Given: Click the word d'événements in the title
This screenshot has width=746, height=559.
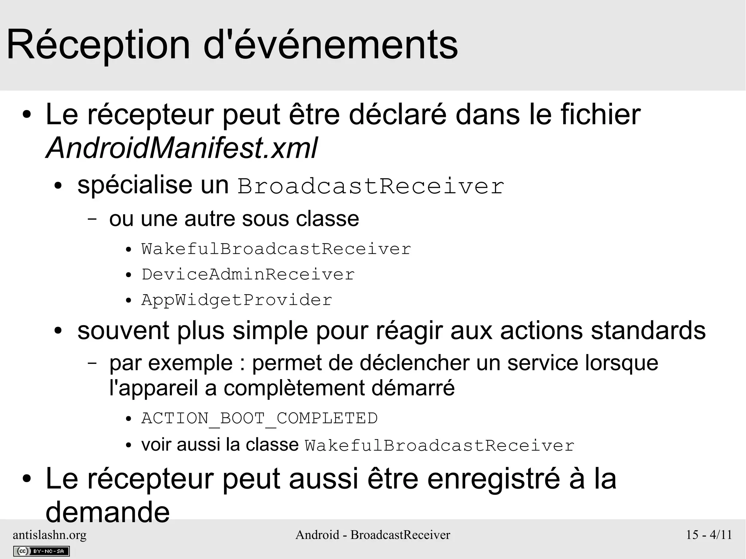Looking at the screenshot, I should pyautogui.click(x=330, y=45).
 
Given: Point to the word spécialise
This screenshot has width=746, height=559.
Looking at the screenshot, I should pyautogui.click(x=135, y=185).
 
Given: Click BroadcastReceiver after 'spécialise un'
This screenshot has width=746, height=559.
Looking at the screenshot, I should pyautogui.click(x=371, y=186).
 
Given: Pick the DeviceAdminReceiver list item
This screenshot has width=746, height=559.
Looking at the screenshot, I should pyautogui.click(x=248, y=275).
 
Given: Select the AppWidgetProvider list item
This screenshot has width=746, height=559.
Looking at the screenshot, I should pyautogui.click(x=237, y=300).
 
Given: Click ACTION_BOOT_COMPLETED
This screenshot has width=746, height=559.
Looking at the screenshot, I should pyautogui.click(x=259, y=418).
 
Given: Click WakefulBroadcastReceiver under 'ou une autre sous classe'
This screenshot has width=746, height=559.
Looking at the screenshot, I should pyautogui.click(x=276, y=249).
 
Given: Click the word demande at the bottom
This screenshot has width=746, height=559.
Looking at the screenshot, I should pyautogui.click(x=107, y=512).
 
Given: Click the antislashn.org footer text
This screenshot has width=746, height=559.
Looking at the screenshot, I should pyautogui.click(x=50, y=535).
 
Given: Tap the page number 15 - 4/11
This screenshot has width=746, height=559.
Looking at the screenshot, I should pyautogui.click(x=709, y=535).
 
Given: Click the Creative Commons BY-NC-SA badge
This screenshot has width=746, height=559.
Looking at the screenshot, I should pyautogui.click(x=41, y=551).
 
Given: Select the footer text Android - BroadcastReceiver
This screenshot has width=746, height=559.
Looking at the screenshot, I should pyautogui.click(x=373, y=535).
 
